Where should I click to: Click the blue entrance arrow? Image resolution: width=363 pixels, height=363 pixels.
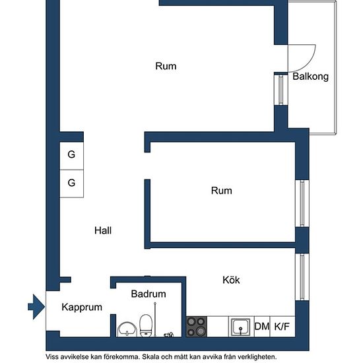click(36, 307)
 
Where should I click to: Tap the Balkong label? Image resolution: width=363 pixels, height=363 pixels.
click(310, 77)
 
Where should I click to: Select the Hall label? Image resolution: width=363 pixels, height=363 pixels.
click(103, 230)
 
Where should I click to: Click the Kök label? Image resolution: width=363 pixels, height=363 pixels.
click(231, 280)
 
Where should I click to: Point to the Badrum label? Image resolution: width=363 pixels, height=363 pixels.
click(148, 294)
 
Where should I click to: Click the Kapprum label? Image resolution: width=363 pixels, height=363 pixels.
click(82, 308)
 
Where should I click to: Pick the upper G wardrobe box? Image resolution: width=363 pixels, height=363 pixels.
click(71, 156)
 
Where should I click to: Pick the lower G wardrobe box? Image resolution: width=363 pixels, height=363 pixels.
click(71, 183)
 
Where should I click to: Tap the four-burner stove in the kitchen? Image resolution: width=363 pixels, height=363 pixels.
click(197, 327)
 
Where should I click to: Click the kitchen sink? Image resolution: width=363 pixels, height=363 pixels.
click(241, 327)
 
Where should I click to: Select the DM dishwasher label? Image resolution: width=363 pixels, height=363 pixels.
click(262, 327)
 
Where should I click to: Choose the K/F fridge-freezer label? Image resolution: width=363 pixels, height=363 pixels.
click(282, 327)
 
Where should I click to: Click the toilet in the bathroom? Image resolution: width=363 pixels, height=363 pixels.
click(146, 325)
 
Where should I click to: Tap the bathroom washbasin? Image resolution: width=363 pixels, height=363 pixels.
click(127, 329)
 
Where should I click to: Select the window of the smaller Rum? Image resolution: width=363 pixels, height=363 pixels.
click(302, 203)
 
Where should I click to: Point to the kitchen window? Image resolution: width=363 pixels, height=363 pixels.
click(302, 277)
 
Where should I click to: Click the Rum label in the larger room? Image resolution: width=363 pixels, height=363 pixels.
click(166, 66)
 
